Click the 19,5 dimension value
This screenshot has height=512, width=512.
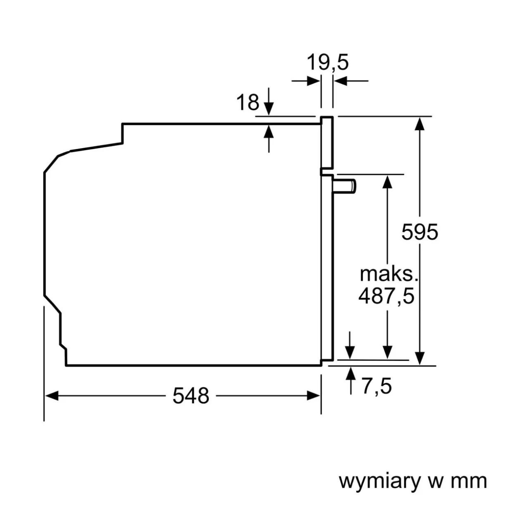(x=327, y=63)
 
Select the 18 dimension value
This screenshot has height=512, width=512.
(x=247, y=102)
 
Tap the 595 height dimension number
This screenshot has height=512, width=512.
(x=420, y=232)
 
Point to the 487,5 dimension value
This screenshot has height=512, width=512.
(x=386, y=296)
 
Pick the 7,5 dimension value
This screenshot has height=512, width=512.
(x=377, y=386)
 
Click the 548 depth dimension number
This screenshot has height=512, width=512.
(x=191, y=396)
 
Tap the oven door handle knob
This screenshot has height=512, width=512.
(x=345, y=186)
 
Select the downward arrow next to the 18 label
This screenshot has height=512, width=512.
(x=269, y=108)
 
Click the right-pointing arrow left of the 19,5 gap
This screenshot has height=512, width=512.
(x=313, y=81)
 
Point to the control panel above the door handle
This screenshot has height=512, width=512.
(x=327, y=142)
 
